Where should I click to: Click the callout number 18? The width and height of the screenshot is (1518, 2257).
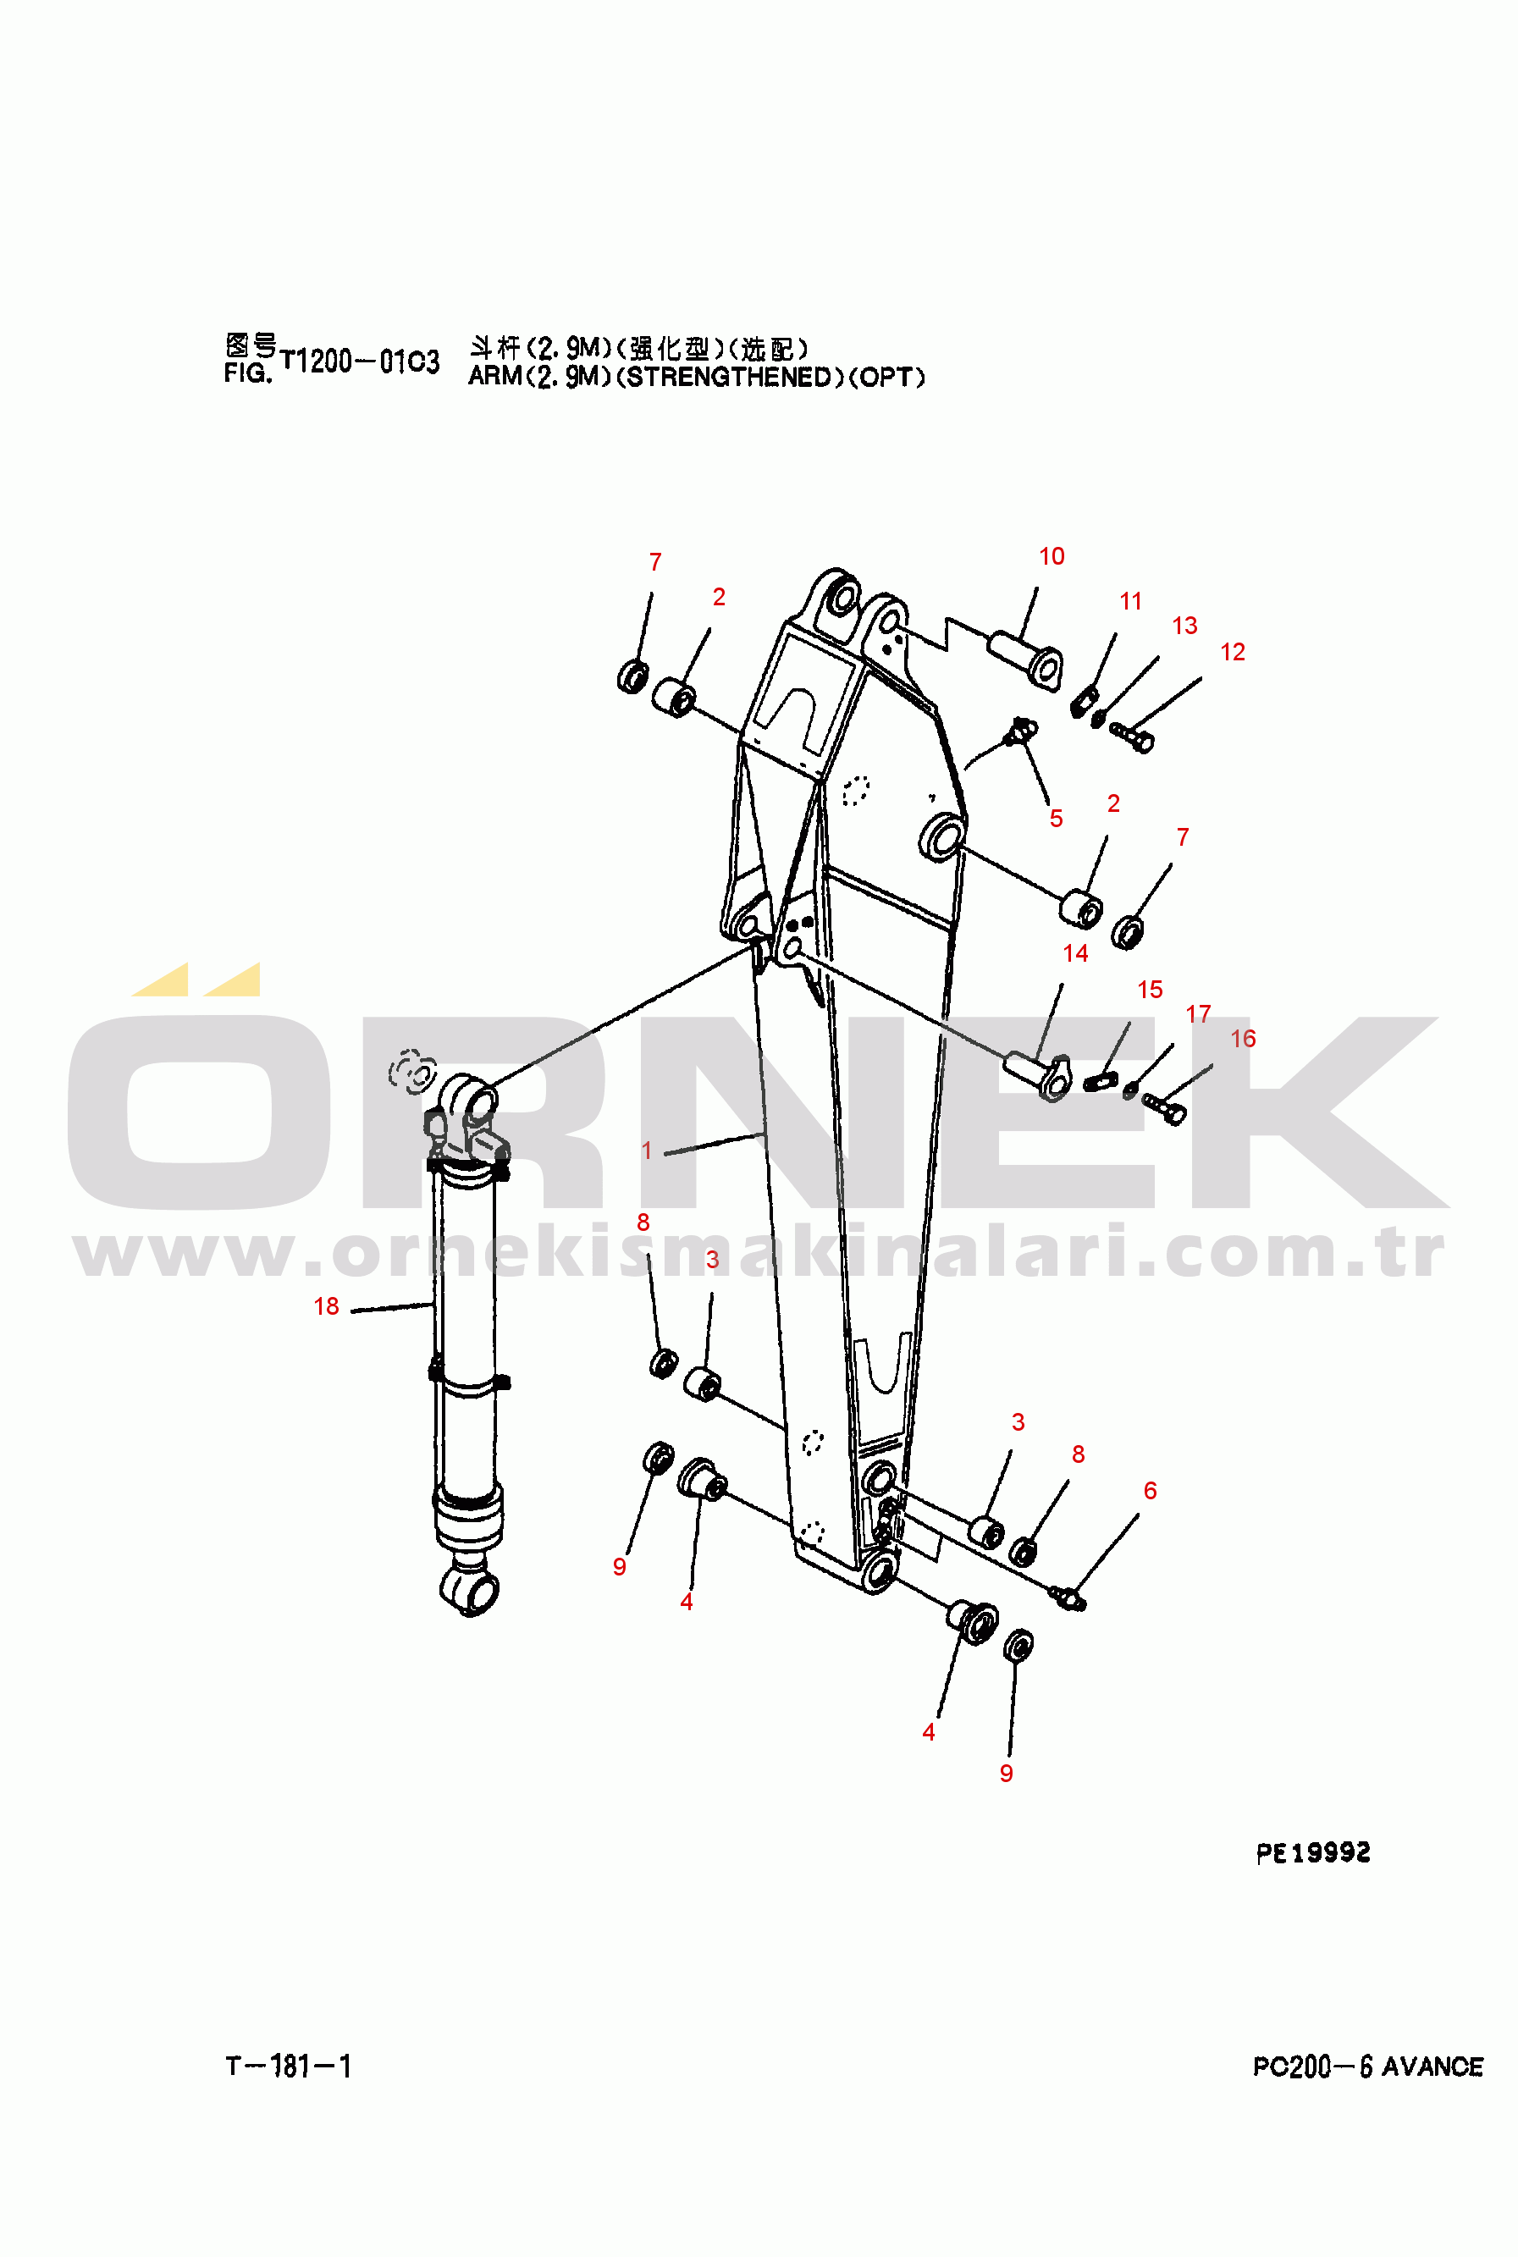coord(326,1306)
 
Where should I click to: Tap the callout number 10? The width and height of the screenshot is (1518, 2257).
coord(1052,556)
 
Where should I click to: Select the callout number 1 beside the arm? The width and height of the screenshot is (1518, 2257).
coord(647,1151)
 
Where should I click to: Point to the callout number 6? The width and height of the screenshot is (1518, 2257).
coord(1150,1491)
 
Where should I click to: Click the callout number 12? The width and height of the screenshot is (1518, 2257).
coord(1233,653)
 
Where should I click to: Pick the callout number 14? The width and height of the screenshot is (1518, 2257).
coord(1075,953)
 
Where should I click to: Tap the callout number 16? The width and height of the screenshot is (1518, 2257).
coord(1243,1039)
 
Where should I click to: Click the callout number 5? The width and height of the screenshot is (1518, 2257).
coord(1057,819)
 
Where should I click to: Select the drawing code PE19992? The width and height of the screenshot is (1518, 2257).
coord(1313,1852)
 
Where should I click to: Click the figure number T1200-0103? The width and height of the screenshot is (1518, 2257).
coord(359,362)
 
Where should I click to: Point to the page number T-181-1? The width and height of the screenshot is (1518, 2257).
coord(289,2067)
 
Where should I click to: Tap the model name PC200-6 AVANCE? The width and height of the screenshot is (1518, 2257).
coord(1367,2067)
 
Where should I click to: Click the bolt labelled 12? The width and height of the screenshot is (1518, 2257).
coord(1132,737)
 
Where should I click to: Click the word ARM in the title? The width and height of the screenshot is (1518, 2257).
coord(494,378)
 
